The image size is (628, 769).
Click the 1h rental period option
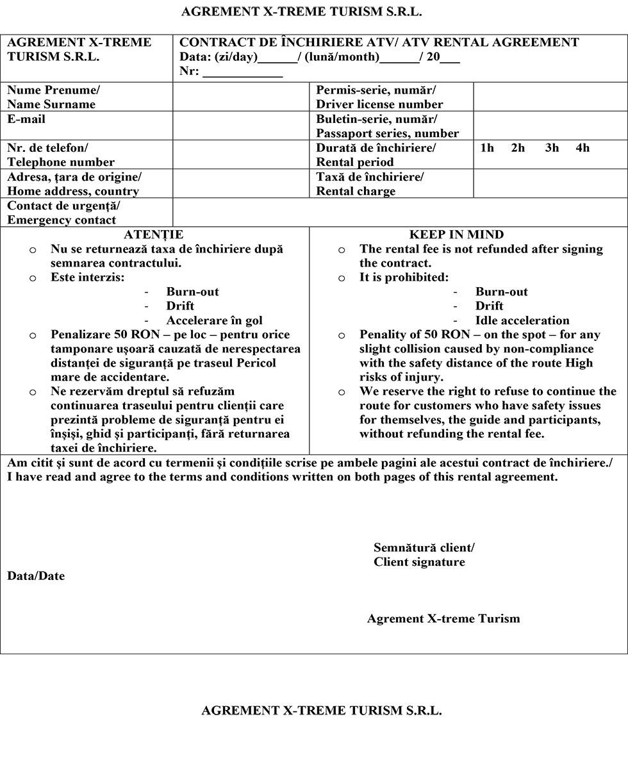coord(487,148)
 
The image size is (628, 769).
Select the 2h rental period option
coord(518,148)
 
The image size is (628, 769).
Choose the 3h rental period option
coord(552,148)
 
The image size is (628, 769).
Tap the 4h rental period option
coord(583,148)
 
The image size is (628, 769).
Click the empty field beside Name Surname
coord(241,97)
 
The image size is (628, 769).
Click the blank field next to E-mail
coord(241,126)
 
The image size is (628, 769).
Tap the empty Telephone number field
coord(241,154)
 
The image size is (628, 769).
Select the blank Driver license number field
coord(550,97)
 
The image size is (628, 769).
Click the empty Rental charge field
coord(550,184)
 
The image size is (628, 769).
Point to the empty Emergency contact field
coord(400,213)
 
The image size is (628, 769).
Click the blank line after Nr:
coord(243,72)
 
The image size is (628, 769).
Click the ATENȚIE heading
coord(153,235)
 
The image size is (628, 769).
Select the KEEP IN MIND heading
coord(456,235)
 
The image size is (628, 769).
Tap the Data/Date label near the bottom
coord(36,576)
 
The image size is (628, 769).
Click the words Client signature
coord(419,562)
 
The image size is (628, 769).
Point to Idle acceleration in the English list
coord(522,320)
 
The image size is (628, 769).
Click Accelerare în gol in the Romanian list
coord(214,320)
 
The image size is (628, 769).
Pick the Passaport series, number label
coord(387,133)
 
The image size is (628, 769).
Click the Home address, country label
coord(73,191)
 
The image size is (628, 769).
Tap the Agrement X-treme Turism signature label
coord(443,618)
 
